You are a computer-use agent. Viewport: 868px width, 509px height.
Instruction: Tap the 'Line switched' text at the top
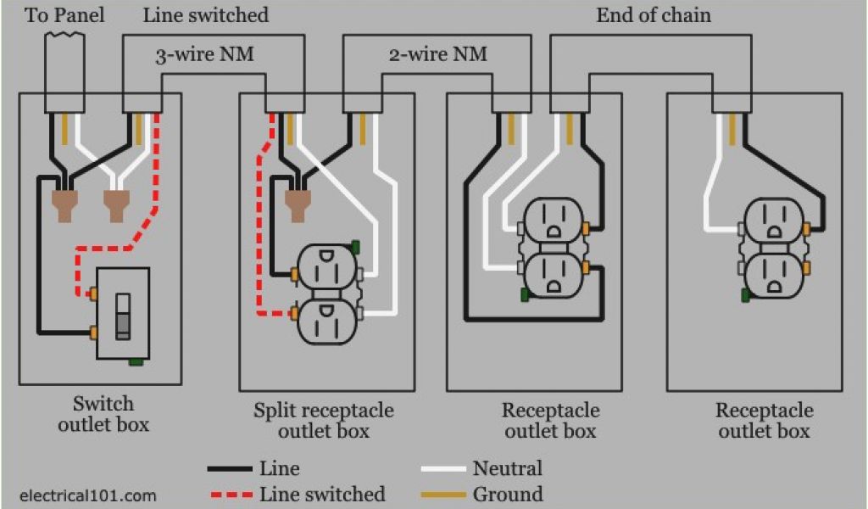[205, 15]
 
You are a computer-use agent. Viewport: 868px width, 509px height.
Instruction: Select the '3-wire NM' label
[204, 56]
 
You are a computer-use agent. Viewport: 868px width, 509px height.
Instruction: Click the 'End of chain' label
[654, 15]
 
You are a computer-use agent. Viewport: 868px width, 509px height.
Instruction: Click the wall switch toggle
[124, 315]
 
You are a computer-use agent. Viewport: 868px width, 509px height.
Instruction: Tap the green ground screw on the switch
[135, 362]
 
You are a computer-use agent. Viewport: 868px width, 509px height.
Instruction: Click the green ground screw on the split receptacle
[355, 247]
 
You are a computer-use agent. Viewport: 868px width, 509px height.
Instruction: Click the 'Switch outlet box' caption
[103, 414]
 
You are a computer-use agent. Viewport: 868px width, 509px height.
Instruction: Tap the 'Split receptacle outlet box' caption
[324, 421]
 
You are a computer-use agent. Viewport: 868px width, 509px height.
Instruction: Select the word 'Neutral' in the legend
[507, 468]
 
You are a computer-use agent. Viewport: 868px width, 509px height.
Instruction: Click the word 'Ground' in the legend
[508, 494]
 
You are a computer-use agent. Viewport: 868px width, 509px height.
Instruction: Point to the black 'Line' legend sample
[229, 468]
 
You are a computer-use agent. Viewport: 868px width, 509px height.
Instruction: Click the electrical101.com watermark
[87, 495]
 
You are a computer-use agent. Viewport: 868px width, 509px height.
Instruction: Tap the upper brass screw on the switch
[92, 294]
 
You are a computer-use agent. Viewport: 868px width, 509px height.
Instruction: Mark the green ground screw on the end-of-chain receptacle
[746, 295]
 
